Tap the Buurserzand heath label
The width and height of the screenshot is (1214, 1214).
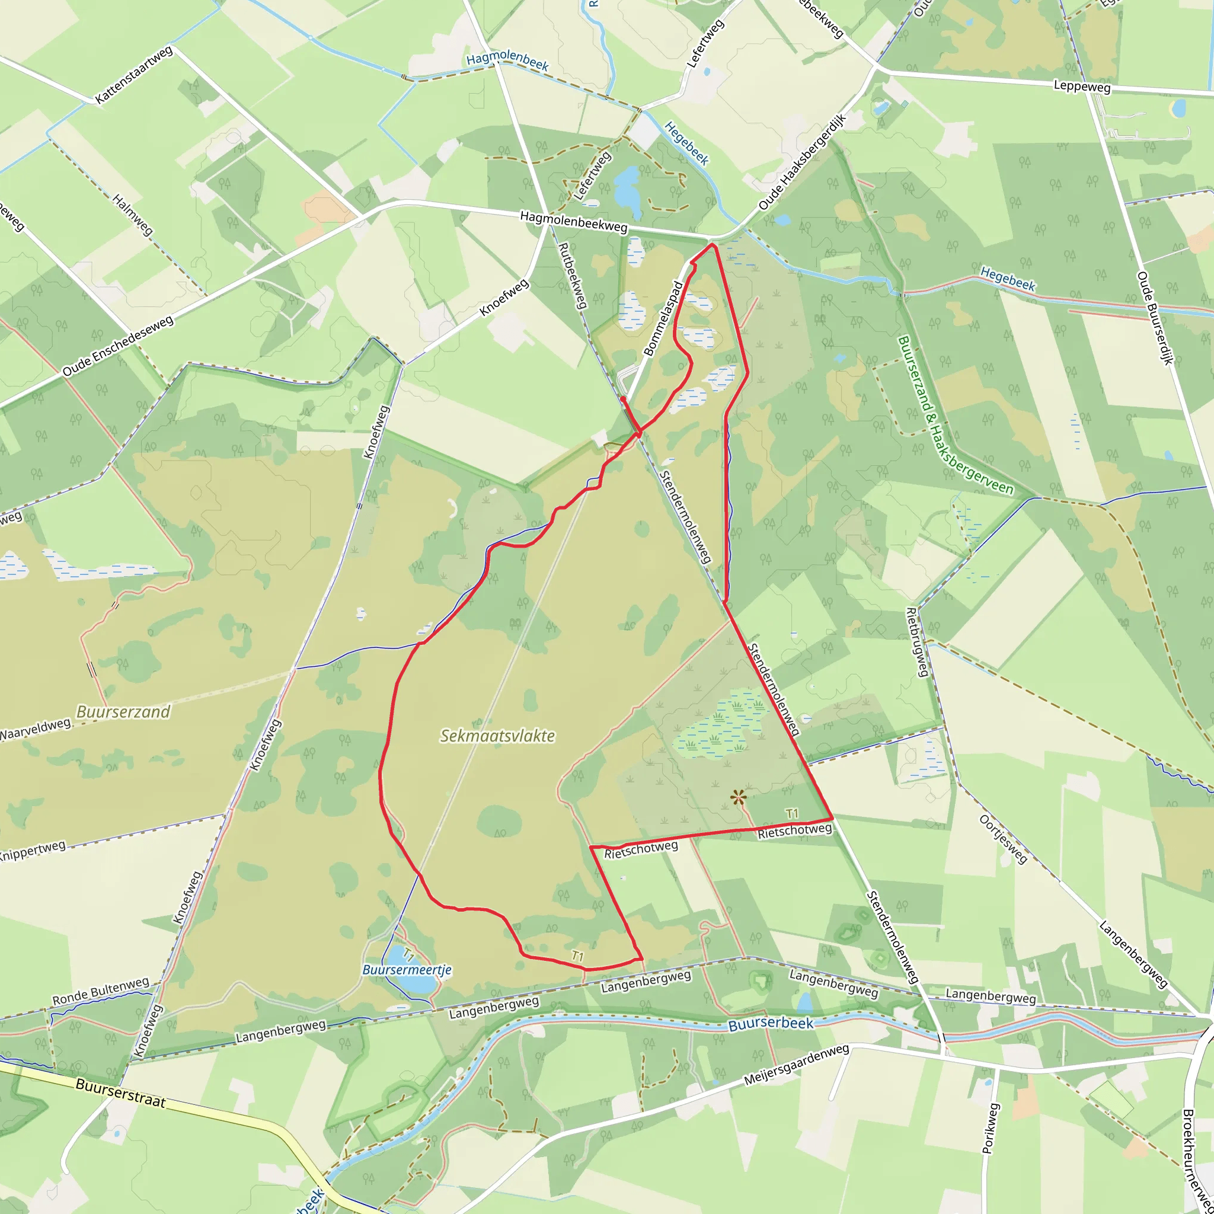(123, 712)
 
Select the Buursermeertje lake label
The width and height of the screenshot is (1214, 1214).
(407, 970)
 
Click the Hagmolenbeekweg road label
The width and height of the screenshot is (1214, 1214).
(573, 222)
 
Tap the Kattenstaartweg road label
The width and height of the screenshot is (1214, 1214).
(134, 75)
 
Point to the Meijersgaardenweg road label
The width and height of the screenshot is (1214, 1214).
(796, 1065)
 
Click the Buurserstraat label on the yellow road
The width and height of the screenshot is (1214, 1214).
(121, 1093)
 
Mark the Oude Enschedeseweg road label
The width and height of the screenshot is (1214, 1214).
(117, 346)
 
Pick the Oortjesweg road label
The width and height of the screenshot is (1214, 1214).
(1003, 839)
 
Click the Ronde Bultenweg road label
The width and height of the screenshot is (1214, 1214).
(101, 991)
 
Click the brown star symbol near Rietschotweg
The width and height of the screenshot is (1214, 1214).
(739, 798)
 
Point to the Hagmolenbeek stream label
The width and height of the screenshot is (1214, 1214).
(507, 61)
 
